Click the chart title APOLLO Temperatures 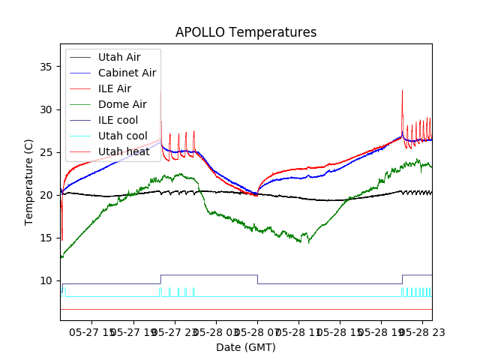pyautogui.click(x=246, y=32)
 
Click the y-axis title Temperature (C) pyautogui.click(x=29, y=181)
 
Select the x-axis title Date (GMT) pyautogui.click(x=246, y=347)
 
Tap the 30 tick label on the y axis pyautogui.click(x=46, y=109)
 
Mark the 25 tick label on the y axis pyautogui.click(x=46, y=152)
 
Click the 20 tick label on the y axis pyautogui.click(x=46, y=195)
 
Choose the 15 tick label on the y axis pyautogui.click(x=46, y=238)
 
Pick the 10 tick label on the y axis pyautogui.click(x=46, y=280)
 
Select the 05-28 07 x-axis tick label pyautogui.click(x=257, y=331)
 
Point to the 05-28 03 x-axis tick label pyautogui.click(x=216, y=331)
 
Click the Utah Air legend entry pyautogui.click(x=118, y=57)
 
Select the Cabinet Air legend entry pyautogui.click(x=127, y=73)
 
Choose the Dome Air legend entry pyautogui.click(x=122, y=104)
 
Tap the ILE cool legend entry pyautogui.click(x=118, y=120)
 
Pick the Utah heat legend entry pyautogui.click(x=123, y=151)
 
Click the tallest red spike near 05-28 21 pyautogui.click(x=402, y=91)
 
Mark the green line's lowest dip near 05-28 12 pyautogui.click(x=308, y=242)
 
